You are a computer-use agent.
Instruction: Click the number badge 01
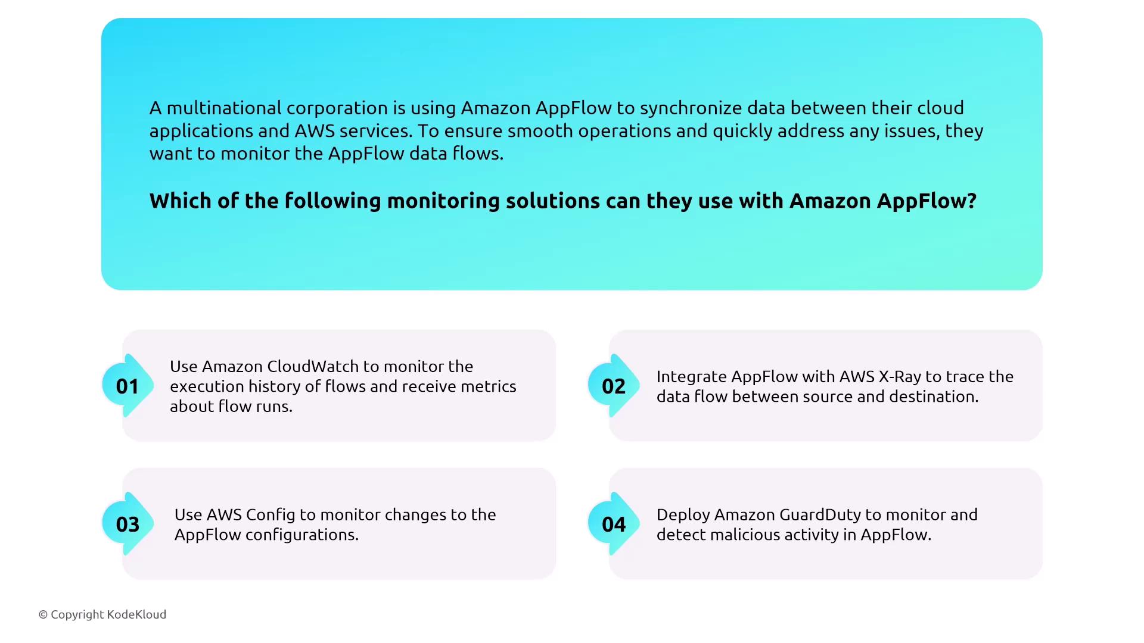click(128, 386)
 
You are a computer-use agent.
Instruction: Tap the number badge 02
click(614, 386)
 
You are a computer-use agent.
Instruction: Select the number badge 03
click(128, 524)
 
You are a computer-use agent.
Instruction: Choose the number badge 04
click(614, 524)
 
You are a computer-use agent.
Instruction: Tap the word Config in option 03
click(271, 515)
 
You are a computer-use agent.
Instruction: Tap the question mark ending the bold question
click(972, 201)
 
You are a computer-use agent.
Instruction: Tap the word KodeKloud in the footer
click(137, 614)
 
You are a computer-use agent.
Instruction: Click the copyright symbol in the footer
click(43, 615)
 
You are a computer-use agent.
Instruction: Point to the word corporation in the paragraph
click(337, 108)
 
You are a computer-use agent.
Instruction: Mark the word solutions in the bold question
click(553, 201)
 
